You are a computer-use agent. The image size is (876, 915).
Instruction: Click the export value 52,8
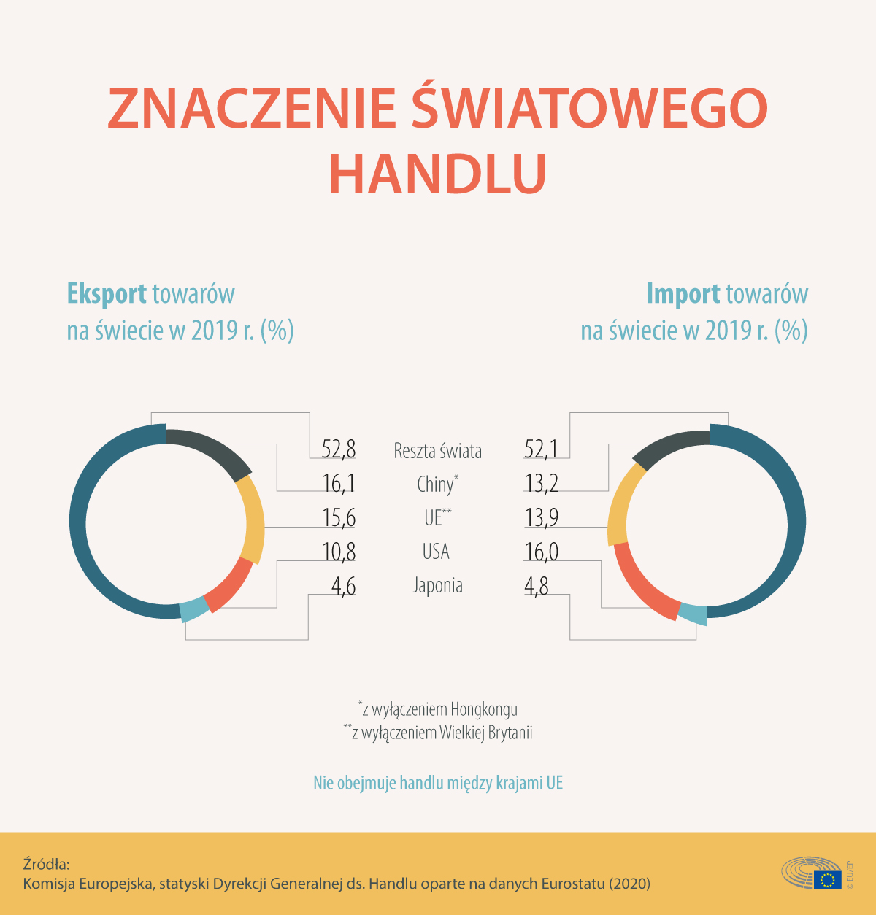pyautogui.click(x=338, y=449)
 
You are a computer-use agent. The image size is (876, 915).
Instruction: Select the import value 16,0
pyautogui.click(x=541, y=552)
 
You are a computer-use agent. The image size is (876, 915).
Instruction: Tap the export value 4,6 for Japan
pyautogui.click(x=343, y=586)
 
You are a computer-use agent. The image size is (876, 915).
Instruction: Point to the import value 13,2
pyautogui.click(x=541, y=483)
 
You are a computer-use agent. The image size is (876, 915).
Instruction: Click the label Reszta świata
pyautogui.click(x=437, y=451)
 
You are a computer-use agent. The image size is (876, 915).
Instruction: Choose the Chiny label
pyautogui.click(x=437, y=484)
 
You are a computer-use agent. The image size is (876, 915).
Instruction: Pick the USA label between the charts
pyautogui.click(x=436, y=552)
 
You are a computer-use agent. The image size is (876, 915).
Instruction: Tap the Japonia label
pyautogui.click(x=437, y=585)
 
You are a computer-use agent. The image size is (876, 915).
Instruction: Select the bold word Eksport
pyautogui.click(x=107, y=293)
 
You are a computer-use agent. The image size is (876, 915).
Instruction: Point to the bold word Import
pyautogui.click(x=683, y=293)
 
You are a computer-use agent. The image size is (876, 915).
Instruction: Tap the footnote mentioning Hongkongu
pyautogui.click(x=438, y=709)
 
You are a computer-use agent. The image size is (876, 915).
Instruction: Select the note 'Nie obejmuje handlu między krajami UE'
pyautogui.click(x=438, y=783)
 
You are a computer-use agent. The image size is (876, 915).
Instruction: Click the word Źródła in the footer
pyautogui.click(x=46, y=864)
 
